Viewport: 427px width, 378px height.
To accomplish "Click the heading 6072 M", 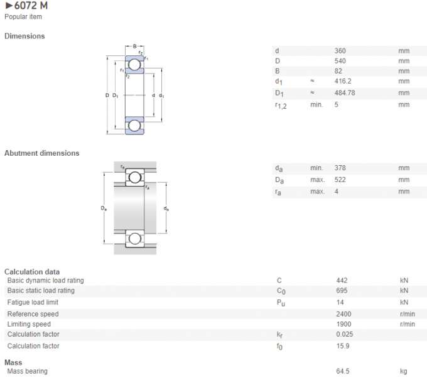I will coord(26,6).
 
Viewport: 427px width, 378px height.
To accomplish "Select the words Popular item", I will coord(23,17).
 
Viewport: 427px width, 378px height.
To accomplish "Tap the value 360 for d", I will coord(340,51).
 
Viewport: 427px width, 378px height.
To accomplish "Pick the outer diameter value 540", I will coord(340,61).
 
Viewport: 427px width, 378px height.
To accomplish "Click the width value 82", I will coord(338,72).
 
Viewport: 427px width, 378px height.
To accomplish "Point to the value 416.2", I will coord(343,82).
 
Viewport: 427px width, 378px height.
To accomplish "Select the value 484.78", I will coord(345,93).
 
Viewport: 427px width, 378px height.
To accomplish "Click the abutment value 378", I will coord(340,168).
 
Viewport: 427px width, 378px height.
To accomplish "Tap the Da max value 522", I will coord(340,180).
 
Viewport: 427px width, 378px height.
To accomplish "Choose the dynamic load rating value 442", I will coord(342,281).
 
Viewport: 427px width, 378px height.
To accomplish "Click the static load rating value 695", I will coord(342,291).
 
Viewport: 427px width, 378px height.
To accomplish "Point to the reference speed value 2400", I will coord(343,314).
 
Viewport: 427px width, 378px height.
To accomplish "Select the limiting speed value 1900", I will coord(343,324).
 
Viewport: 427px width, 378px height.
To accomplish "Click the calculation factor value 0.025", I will coord(345,334).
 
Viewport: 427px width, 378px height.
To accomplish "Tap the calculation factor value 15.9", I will coord(342,346).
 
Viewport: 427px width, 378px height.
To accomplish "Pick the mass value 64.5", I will coord(343,371).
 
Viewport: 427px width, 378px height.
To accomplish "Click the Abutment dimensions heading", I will coord(42,153).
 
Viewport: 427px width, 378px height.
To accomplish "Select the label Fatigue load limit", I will coord(33,302).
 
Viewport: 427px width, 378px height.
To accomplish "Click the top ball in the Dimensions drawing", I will coord(134,65).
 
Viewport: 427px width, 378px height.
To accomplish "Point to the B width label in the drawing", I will coord(134,46).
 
